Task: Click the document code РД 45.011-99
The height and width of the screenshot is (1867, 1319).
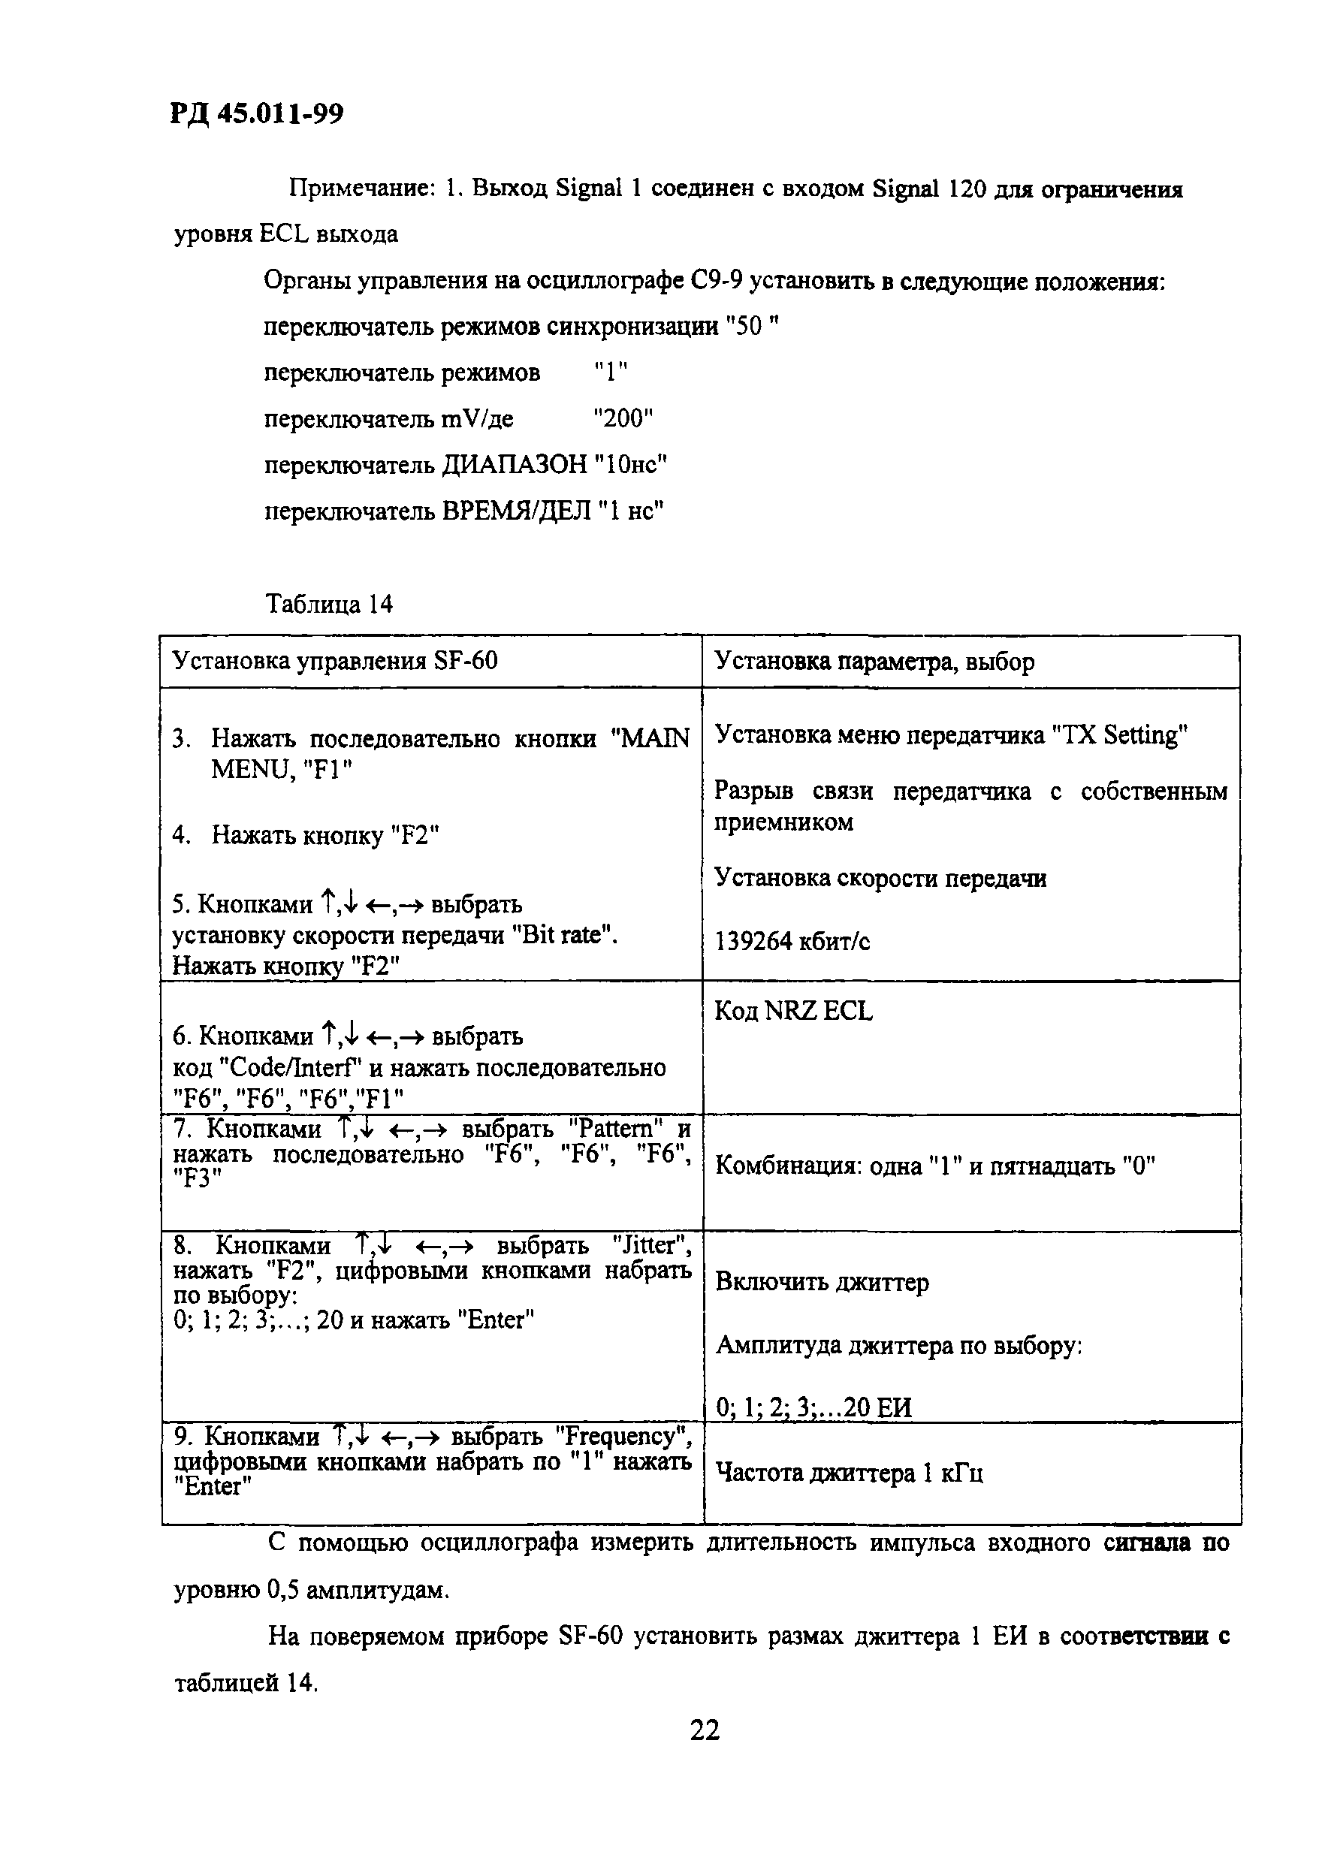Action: (x=256, y=114)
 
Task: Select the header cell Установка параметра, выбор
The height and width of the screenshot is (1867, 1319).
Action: (x=874, y=661)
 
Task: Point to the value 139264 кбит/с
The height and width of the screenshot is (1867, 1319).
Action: (x=792, y=942)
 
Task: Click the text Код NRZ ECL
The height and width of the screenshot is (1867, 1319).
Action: (x=793, y=1012)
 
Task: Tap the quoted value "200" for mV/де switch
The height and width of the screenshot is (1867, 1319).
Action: (x=623, y=419)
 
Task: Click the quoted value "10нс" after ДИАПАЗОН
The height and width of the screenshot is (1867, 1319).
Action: (x=630, y=465)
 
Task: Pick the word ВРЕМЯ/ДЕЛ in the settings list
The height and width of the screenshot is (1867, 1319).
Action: (x=515, y=511)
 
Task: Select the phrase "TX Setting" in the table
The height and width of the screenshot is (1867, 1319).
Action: (x=1119, y=735)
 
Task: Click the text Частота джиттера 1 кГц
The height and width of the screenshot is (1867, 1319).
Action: (x=849, y=1473)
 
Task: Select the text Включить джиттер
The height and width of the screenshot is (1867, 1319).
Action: (x=821, y=1283)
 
